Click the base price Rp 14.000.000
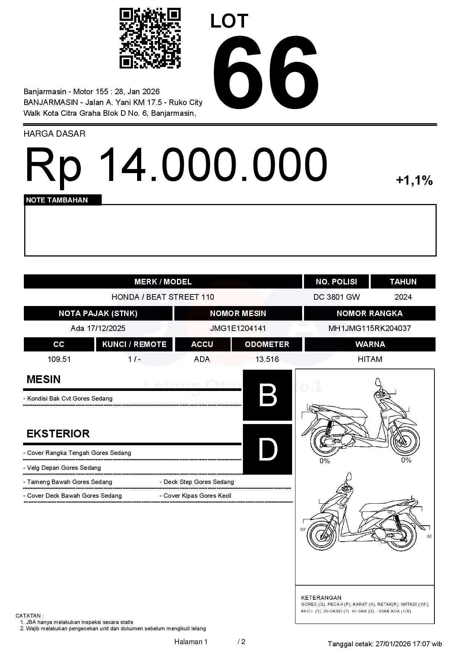[176, 165]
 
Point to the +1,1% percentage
[414, 181]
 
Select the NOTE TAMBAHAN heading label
[57, 200]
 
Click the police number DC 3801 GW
[336, 297]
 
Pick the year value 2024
[403, 297]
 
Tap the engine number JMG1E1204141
[238, 328]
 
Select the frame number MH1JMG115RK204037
[369, 328]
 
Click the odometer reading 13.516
[267, 359]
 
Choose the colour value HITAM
[370, 359]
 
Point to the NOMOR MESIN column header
[238, 313]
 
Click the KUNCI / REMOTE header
[134, 344]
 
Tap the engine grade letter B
[267, 395]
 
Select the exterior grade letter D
[267, 449]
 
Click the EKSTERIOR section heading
[58, 434]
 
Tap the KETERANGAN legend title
[321, 597]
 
